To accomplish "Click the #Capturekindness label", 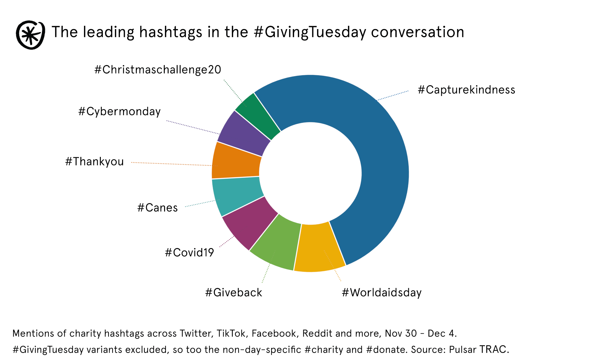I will pyautogui.click(x=466, y=90).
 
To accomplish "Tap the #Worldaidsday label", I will pyautogui.click(x=382, y=292).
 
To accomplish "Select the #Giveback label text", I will pyautogui.click(x=233, y=292).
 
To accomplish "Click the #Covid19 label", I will pyautogui.click(x=189, y=253).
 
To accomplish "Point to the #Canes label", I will pyautogui.click(x=157, y=208).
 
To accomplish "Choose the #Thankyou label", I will pyautogui.click(x=94, y=161).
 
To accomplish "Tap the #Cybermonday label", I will pyautogui.click(x=119, y=112).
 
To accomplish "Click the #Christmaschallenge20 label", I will pyautogui.click(x=158, y=70).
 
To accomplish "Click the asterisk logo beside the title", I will pyautogui.click(x=30, y=35).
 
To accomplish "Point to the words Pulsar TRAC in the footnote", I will pyautogui.click(x=479, y=349).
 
